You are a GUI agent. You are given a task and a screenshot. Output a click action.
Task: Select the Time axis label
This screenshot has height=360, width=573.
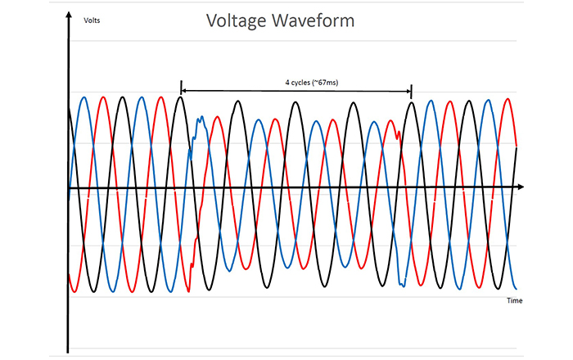tap(514, 300)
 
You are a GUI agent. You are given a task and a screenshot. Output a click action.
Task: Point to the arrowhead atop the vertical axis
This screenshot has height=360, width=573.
tap(67, 18)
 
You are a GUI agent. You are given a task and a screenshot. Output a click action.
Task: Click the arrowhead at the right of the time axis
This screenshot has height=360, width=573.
tap(520, 187)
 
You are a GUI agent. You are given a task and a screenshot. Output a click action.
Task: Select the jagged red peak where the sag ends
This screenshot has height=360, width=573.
tap(398, 131)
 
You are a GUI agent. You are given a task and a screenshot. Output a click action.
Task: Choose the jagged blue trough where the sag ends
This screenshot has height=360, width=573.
tap(402, 283)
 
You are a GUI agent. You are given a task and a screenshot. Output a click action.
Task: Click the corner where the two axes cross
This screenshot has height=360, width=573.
tap(68, 188)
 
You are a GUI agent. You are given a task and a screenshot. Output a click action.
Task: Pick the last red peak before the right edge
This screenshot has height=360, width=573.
tap(508, 100)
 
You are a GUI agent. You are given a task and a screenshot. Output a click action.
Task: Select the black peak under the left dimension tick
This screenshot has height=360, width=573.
tap(181, 98)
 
